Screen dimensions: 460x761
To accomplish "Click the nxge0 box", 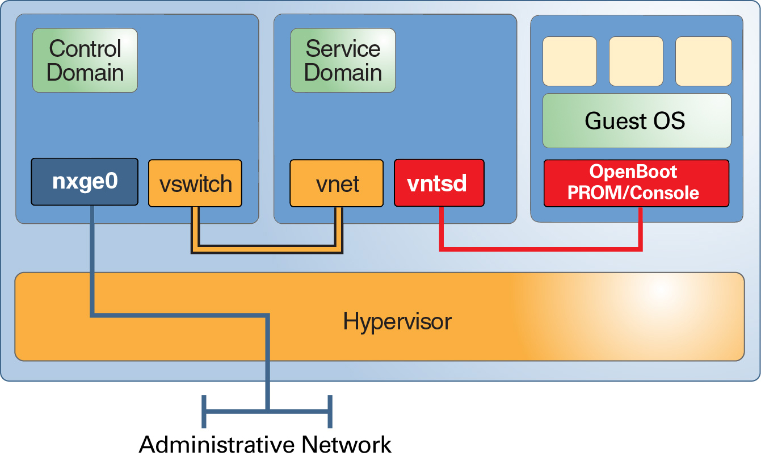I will coord(84,182).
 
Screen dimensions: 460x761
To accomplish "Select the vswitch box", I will coord(195,183).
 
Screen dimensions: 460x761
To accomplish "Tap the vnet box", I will coord(337,183).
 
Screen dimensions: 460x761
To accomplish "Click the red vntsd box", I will coord(439,183).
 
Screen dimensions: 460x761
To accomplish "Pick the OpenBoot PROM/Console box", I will coord(636,183).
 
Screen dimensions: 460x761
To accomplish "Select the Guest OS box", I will coord(636,120).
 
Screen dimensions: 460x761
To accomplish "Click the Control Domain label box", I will coord(85,60).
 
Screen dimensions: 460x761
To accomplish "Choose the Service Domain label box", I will coord(343,60).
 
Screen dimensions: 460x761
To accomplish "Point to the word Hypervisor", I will coord(397,321).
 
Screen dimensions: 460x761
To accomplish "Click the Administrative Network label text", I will coord(265,444).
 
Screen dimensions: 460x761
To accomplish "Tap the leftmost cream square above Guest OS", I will coord(569,61).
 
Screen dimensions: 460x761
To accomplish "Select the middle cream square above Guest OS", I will coord(636,61).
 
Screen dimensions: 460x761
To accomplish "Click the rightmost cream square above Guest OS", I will coord(703,61).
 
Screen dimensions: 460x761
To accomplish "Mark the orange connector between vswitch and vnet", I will coord(267,249).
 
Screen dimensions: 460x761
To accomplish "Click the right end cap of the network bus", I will coord(330,411).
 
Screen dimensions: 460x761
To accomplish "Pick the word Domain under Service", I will coord(343,73).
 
